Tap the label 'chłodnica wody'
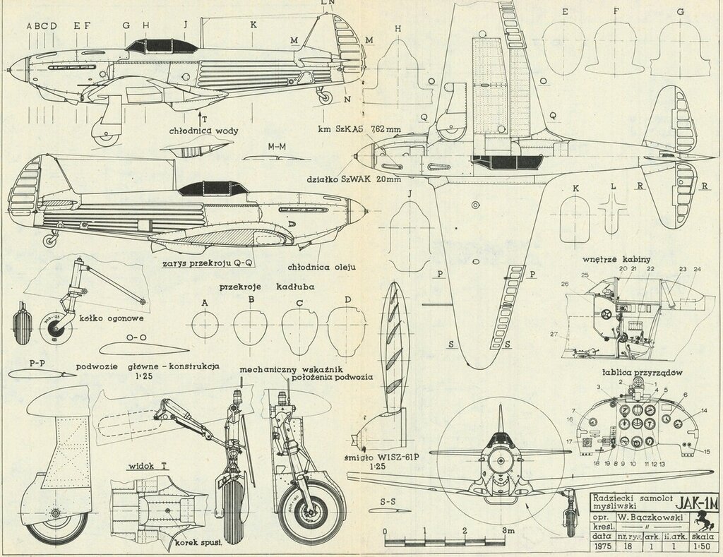pos(201,130)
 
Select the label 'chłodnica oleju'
pos(321,268)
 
